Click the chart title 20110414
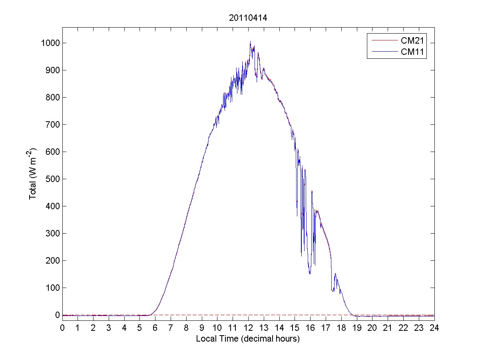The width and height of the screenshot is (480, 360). tap(248, 18)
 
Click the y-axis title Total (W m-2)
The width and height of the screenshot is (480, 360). tap(33, 174)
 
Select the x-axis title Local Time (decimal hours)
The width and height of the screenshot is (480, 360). tap(248, 339)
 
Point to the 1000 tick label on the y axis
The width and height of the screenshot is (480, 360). tap(49, 43)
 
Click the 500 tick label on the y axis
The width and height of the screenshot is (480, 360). tap(52, 179)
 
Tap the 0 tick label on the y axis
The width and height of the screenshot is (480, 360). tap(58, 315)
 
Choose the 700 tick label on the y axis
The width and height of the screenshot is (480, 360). tap(52, 124)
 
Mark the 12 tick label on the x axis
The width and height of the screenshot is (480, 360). tap(248, 328)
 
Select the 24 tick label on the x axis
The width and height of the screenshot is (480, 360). tap(434, 328)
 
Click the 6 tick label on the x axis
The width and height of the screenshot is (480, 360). tap(155, 328)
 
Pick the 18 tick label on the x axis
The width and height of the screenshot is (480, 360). tap(341, 328)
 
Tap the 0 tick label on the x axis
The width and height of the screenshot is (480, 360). tap(62, 328)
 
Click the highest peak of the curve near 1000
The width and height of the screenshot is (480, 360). tap(250, 41)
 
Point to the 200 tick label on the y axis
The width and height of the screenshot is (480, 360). tap(52, 260)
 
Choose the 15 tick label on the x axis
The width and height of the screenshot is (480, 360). tap(295, 328)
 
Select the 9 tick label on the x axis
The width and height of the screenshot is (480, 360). tap(202, 328)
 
